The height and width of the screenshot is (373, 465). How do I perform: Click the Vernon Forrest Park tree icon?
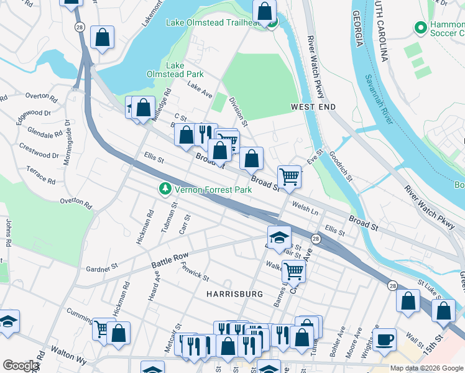[x=165, y=188]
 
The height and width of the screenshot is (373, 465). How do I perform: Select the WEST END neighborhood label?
[x=313, y=108]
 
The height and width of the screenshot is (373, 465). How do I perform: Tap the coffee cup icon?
[x=384, y=340]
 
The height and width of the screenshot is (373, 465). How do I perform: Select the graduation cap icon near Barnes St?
[x=279, y=237]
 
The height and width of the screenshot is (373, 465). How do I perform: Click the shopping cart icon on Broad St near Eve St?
[x=289, y=177]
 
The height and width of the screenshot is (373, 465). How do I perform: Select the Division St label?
[x=238, y=109]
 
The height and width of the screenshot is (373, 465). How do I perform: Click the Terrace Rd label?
[x=40, y=175]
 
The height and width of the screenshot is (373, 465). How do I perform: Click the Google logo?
[x=20, y=366]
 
